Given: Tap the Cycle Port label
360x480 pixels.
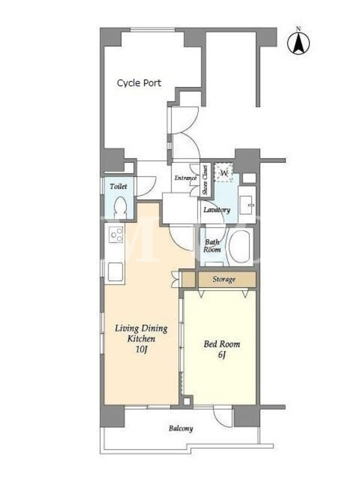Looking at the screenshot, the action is point(139,83).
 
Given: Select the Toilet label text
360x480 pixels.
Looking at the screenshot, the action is point(118,186).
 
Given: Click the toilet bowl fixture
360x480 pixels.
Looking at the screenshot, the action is point(120,206).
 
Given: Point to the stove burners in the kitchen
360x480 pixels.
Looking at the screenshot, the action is point(116,235).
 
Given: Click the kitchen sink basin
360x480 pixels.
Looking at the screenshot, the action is point(115,272).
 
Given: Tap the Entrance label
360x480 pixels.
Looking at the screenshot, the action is point(185,178).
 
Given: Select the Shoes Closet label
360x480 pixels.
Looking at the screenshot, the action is point(205,180).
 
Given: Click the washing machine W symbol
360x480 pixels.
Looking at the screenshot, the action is point(224,173).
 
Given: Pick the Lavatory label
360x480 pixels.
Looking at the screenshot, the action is point(217,209).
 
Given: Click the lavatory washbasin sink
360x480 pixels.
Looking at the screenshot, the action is point(247,205).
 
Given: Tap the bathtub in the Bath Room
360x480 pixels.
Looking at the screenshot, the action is point(239,247).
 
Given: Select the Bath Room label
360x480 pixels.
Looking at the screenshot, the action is point(212,246).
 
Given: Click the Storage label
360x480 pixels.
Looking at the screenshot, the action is point(224,279).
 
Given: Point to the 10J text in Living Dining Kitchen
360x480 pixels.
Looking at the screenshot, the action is point(142,350).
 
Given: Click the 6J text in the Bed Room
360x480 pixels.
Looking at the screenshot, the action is point(221,355).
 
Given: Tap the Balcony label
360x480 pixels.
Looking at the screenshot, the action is point(181,428).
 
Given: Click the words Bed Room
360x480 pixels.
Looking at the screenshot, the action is point(221,344).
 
